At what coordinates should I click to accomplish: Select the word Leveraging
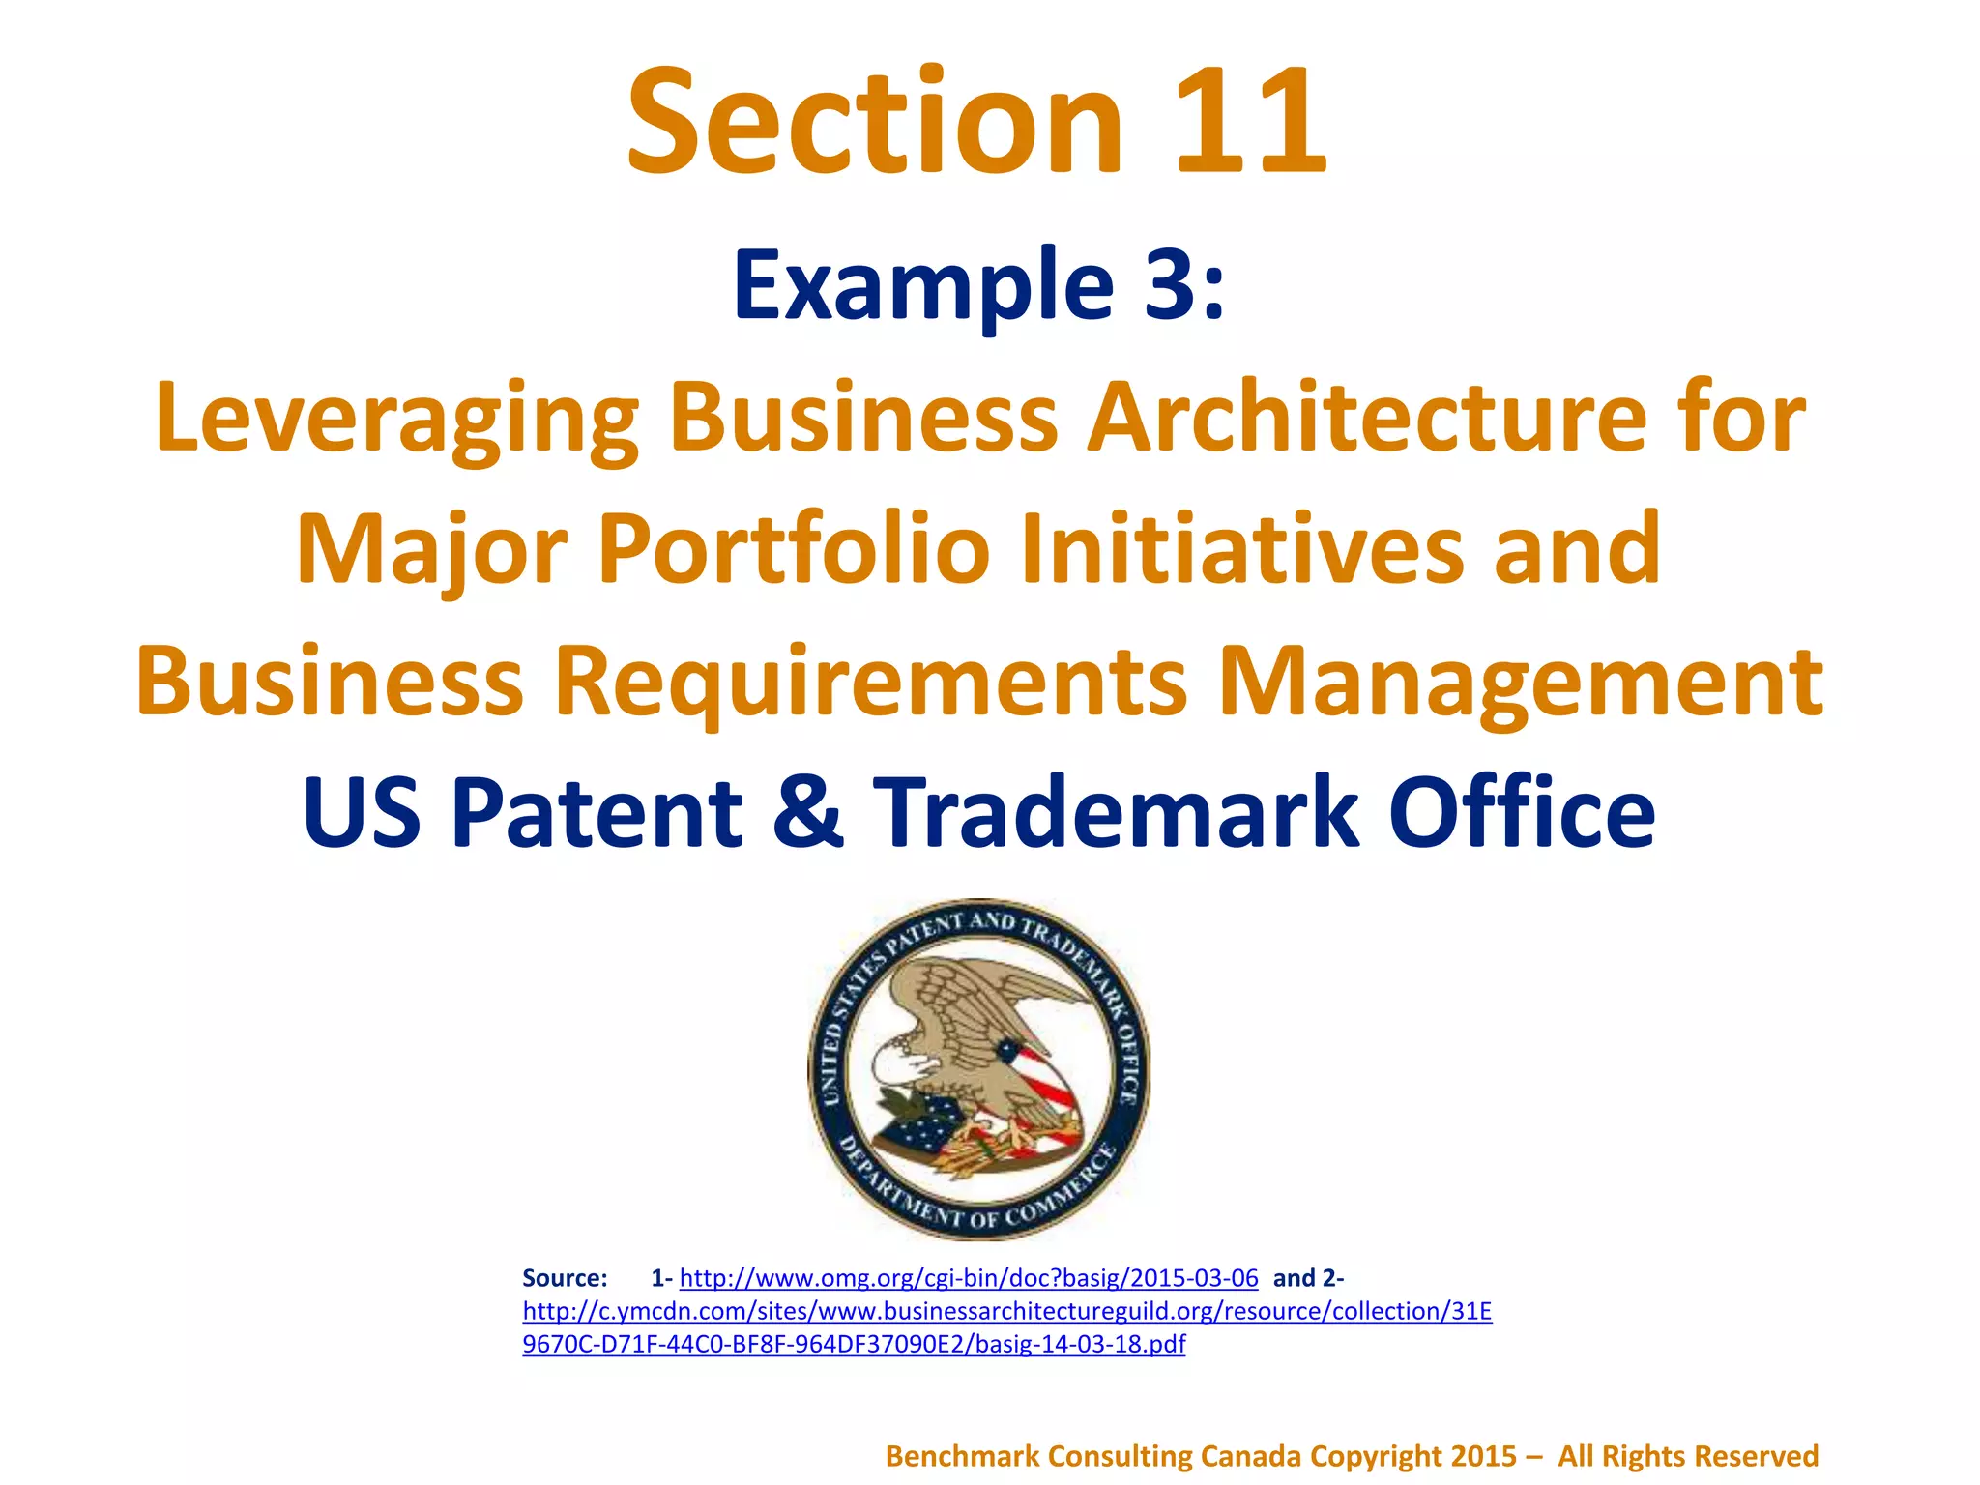point(396,418)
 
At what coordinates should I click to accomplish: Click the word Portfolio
point(794,549)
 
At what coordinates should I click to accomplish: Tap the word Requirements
point(869,682)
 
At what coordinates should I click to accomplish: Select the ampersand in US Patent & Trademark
point(808,812)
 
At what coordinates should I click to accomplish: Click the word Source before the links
point(565,1278)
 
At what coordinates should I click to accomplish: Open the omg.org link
point(968,1278)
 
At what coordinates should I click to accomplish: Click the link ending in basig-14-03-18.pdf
point(854,1344)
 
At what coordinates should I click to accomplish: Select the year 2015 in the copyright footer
point(1484,1456)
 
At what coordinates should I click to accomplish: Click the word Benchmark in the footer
point(962,1456)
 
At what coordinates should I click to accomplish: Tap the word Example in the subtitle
point(923,286)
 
